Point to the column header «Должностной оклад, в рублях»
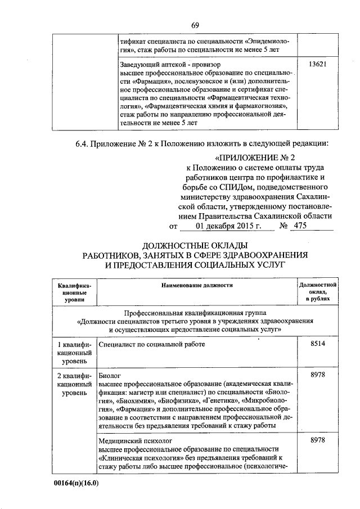click(x=318, y=293)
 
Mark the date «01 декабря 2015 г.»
click(x=213, y=226)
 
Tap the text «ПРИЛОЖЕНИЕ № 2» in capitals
click(x=259, y=157)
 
